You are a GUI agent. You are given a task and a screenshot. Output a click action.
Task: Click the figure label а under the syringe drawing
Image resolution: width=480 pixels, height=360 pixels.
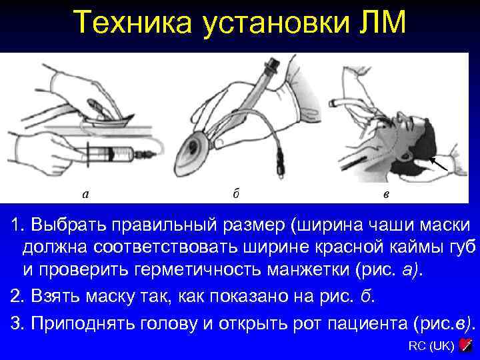(85, 195)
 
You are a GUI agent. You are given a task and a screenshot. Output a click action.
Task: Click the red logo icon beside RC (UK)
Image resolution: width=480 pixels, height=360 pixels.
(466, 345)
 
